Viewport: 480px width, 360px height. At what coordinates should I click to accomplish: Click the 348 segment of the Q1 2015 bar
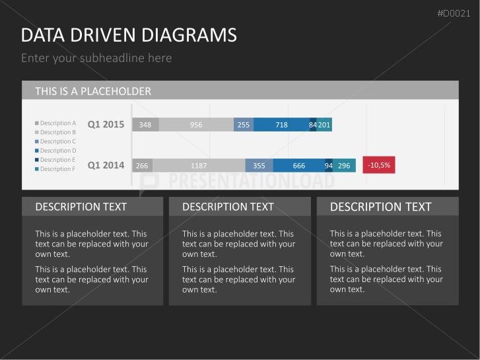coord(145,125)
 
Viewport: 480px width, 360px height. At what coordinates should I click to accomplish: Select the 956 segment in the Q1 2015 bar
coord(196,125)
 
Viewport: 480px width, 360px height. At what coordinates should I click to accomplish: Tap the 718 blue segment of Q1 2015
coord(282,125)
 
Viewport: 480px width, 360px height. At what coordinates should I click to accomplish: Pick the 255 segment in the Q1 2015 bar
coord(244,125)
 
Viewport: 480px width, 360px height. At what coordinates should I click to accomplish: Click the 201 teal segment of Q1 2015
coord(324,125)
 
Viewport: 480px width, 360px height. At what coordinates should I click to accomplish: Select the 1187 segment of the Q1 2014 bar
coord(199,165)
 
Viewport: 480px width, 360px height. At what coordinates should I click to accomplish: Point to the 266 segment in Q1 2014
coord(143,165)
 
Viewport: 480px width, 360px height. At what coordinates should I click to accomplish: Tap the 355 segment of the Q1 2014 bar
coord(259,165)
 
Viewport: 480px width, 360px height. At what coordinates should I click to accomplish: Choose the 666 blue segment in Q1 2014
coord(299,165)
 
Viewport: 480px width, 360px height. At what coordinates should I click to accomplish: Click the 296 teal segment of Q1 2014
coord(344,165)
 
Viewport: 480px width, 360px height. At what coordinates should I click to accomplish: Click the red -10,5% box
coord(379,165)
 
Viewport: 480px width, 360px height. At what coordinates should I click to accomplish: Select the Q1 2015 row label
coord(106,124)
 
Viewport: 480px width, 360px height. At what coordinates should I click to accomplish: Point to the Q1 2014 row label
coord(106,165)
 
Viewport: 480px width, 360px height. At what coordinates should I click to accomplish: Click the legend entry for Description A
coord(55,123)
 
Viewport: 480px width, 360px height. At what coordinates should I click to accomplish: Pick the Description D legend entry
coord(55,151)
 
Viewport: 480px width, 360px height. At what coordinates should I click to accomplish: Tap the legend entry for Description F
coord(55,169)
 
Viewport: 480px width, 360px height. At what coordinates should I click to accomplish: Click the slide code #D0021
coord(454,13)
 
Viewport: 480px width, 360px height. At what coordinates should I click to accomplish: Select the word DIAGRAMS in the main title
coord(189,35)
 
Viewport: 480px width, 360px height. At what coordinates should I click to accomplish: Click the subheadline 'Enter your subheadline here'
coord(96,58)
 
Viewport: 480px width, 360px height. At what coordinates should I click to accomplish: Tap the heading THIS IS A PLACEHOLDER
coord(93,91)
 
